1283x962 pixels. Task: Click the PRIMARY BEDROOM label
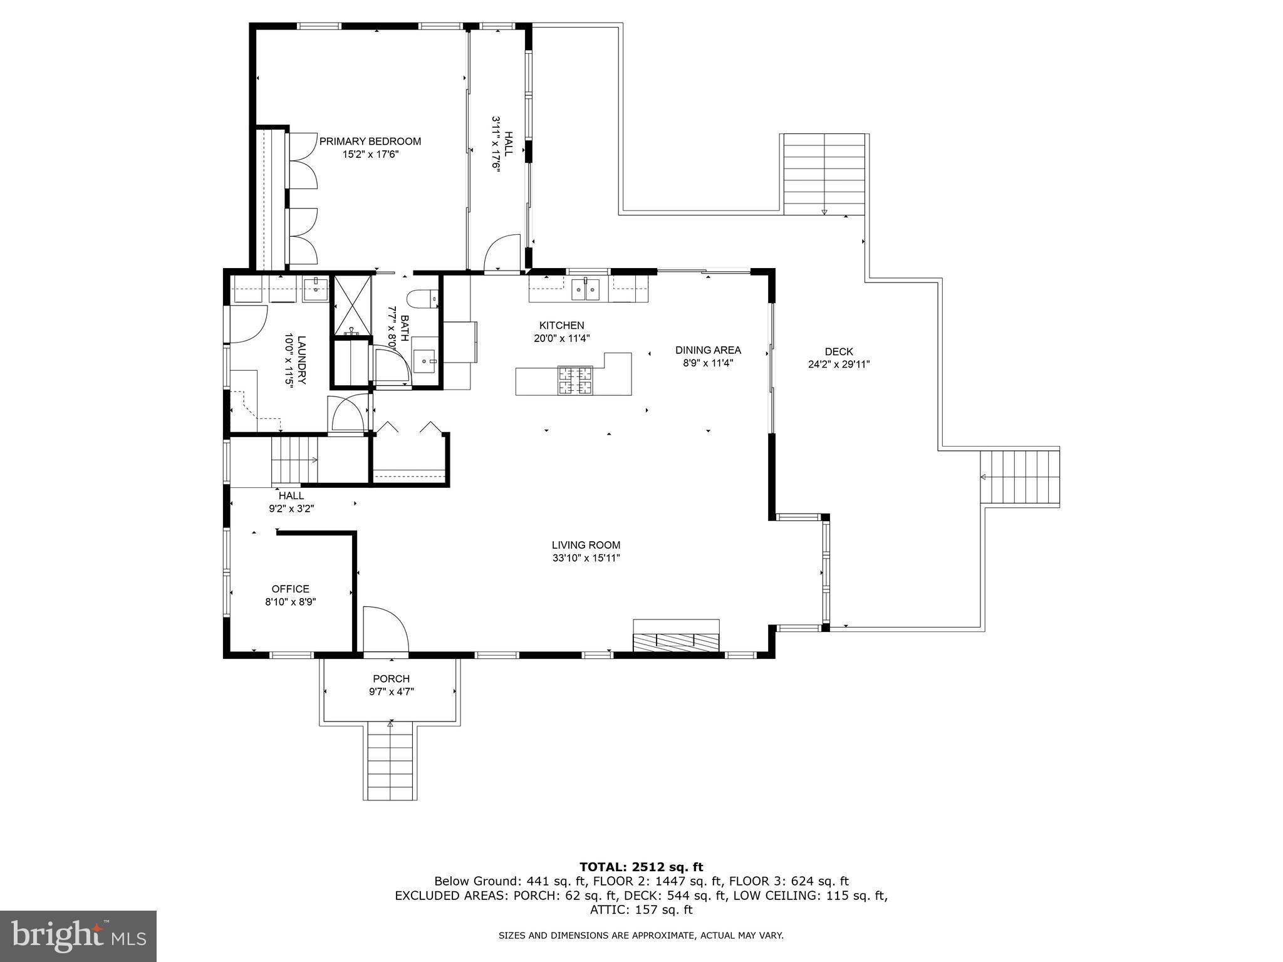click(370, 142)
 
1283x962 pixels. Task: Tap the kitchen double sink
click(585, 290)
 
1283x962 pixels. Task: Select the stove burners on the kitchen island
click(574, 380)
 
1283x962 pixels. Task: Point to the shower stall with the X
click(351, 305)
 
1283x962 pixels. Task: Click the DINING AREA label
click(708, 350)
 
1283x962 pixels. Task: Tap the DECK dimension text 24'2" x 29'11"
click(838, 364)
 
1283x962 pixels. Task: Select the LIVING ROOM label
click(586, 546)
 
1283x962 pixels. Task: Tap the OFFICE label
click(290, 589)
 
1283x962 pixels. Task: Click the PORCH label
click(391, 679)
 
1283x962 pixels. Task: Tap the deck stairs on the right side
click(1020, 478)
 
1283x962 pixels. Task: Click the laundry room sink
click(316, 289)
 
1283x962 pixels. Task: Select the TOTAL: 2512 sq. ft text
click(641, 867)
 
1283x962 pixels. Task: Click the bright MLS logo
click(78, 936)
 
